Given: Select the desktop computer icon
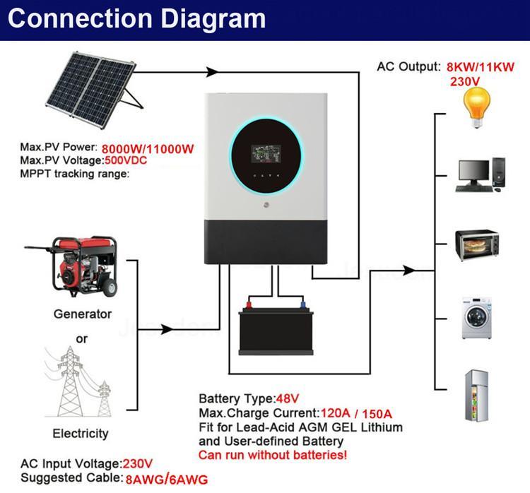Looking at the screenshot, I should [x=481, y=174].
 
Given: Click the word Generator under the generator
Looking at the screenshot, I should [x=83, y=314].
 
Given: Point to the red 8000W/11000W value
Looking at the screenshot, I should [x=148, y=149].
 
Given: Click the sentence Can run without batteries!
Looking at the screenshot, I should [x=273, y=455].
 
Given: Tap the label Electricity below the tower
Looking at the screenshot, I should [x=81, y=433].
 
